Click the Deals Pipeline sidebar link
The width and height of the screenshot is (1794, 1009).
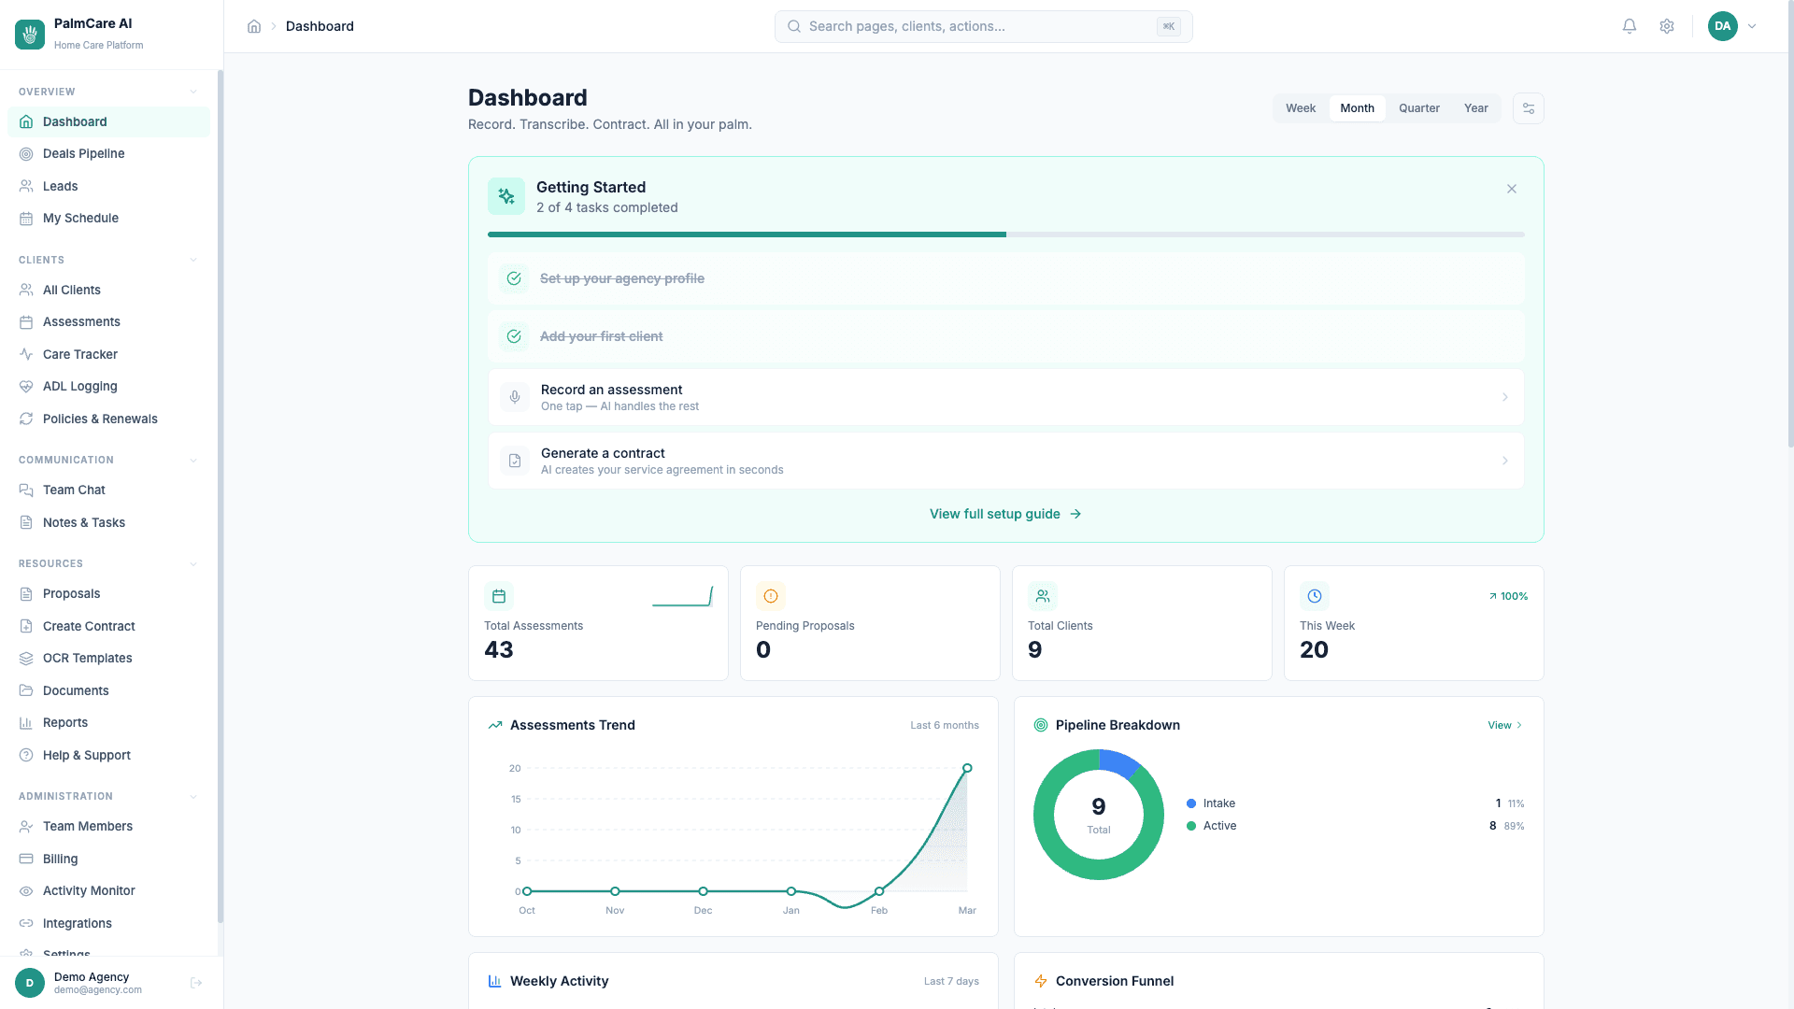click(x=83, y=153)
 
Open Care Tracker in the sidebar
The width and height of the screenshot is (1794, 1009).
click(x=79, y=354)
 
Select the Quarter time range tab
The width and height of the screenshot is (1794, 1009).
click(x=1418, y=108)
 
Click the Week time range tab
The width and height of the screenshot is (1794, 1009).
click(x=1300, y=108)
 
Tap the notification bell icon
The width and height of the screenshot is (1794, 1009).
click(x=1629, y=26)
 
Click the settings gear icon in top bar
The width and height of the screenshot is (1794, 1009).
click(x=1666, y=26)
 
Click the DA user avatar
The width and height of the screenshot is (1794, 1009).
click(x=1722, y=26)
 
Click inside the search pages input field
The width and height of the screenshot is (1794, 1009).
click(x=981, y=26)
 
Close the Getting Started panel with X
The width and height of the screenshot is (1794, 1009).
click(x=1511, y=189)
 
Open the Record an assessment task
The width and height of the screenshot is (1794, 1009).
click(x=1005, y=397)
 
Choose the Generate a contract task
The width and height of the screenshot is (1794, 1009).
click(x=1005, y=461)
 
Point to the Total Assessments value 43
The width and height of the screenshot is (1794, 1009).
click(x=499, y=649)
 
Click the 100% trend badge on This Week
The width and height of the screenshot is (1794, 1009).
click(x=1508, y=596)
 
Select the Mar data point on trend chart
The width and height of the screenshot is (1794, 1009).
click(x=967, y=768)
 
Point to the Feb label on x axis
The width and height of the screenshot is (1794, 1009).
click(x=878, y=910)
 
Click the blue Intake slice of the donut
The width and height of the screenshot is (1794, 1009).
click(x=1119, y=761)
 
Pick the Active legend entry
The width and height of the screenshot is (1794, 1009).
click(x=1218, y=826)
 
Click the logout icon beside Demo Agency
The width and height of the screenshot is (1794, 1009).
click(x=196, y=983)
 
